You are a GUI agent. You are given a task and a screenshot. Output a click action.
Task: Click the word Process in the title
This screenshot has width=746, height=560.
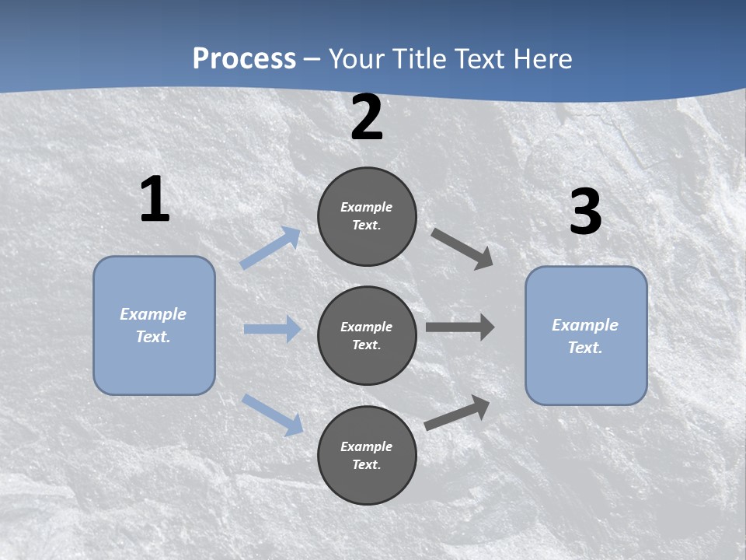[244, 59]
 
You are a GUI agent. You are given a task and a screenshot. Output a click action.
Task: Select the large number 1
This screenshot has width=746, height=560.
[155, 200]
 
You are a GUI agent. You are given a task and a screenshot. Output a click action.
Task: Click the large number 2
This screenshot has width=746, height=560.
[367, 118]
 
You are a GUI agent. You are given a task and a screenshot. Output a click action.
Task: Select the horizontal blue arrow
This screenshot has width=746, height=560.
[272, 329]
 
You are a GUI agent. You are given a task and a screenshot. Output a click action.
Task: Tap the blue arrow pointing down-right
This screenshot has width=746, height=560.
[273, 415]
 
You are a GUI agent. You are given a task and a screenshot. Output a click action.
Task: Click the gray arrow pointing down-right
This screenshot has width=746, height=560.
[462, 249]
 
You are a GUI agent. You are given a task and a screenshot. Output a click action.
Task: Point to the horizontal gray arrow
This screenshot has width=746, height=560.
[460, 327]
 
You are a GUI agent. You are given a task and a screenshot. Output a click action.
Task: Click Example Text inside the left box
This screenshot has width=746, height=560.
[153, 325]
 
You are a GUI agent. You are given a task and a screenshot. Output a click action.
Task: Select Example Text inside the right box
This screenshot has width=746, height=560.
[585, 336]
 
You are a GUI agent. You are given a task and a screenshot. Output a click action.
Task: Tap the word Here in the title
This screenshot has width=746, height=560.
[542, 59]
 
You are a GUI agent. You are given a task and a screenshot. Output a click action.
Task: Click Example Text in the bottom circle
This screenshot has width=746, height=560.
[367, 456]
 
